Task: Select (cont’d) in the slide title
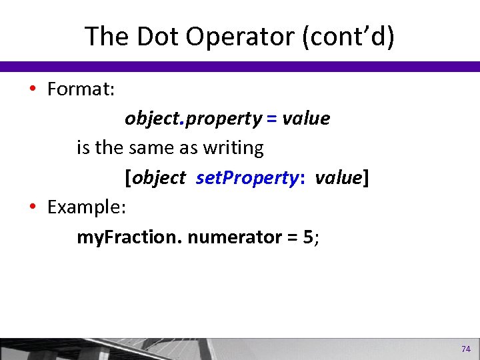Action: tap(348, 37)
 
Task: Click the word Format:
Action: tap(81, 89)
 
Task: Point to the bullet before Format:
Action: tap(33, 90)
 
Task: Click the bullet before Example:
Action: tap(33, 207)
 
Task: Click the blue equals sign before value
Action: tap(271, 119)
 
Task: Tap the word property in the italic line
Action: tap(224, 119)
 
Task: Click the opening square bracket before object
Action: tap(127, 178)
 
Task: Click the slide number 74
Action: tap(465, 349)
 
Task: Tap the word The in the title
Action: tap(105, 37)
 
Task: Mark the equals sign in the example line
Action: tap(292, 237)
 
